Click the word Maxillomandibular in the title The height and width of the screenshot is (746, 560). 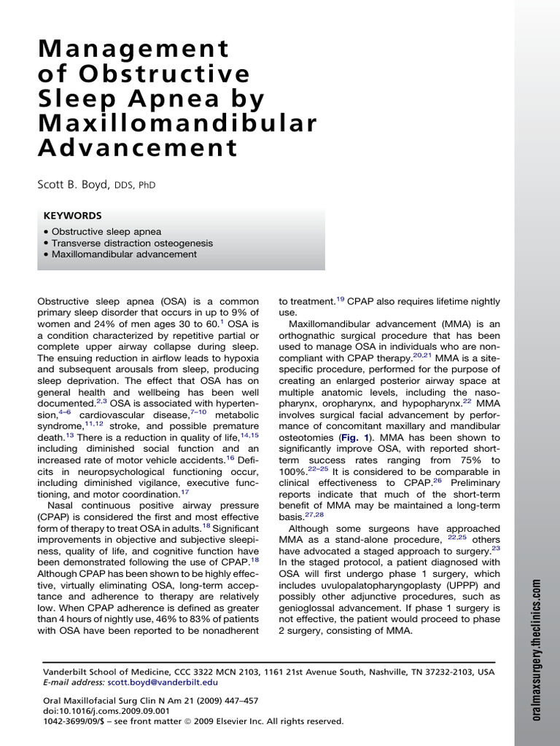click(x=178, y=123)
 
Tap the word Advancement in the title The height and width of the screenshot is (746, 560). click(x=138, y=149)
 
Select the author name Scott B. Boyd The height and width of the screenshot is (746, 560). click(x=73, y=185)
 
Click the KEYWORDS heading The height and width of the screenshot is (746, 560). click(x=73, y=216)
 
